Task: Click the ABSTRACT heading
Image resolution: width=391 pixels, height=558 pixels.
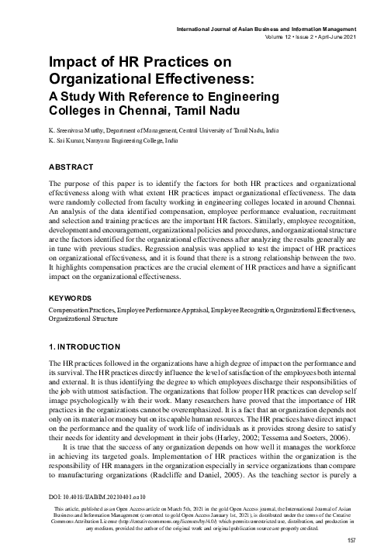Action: [71, 166]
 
